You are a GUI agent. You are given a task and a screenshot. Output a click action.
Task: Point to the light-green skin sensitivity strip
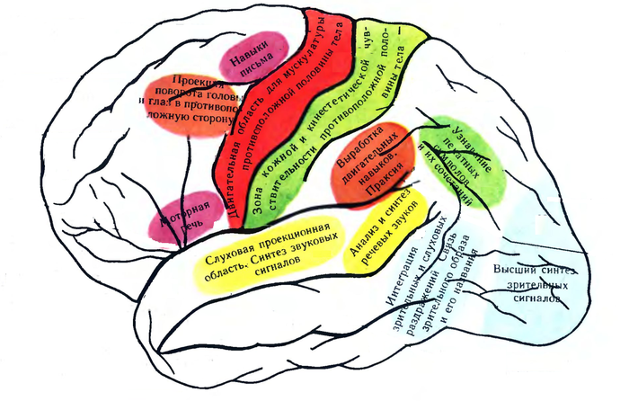359,99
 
